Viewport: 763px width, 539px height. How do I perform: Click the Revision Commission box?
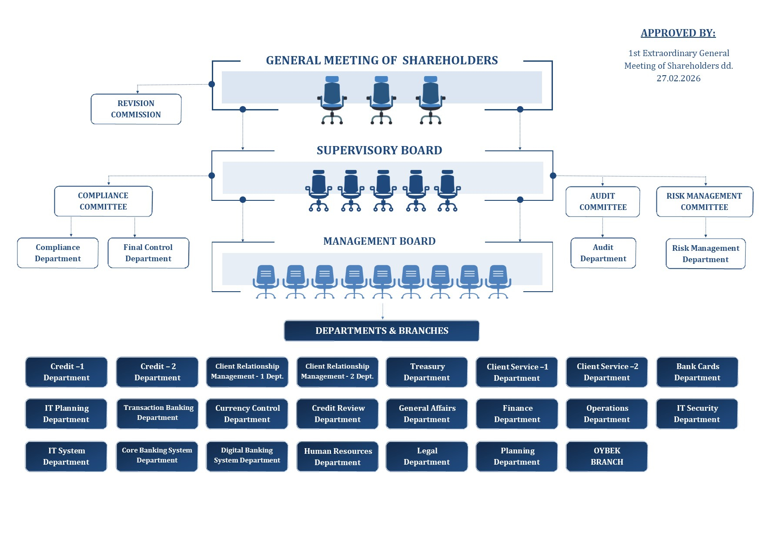coord(136,109)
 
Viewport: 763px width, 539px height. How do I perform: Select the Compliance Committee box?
coord(103,201)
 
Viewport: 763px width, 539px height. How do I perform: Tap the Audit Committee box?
coord(602,202)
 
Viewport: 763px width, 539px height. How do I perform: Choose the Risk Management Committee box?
coord(704,202)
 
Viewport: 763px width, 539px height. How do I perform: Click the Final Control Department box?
coord(148,253)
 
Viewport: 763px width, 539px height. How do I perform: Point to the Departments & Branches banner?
coord(381,331)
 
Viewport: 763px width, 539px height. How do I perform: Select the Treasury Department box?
coord(427,372)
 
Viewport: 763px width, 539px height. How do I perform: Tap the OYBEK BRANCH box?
coord(606,456)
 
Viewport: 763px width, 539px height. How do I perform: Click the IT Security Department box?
coord(696,414)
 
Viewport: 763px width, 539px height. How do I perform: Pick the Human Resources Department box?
coord(338,457)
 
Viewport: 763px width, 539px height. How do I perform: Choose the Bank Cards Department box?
coord(697,372)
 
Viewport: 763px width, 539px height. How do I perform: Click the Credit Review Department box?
coord(338,414)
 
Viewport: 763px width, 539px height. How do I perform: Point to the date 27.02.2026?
coord(678,79)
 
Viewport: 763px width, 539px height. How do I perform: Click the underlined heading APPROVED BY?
coord(678,33)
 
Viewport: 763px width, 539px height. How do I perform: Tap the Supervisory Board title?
coord(379,150)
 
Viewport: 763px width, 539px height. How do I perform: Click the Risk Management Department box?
coord(705,254)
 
